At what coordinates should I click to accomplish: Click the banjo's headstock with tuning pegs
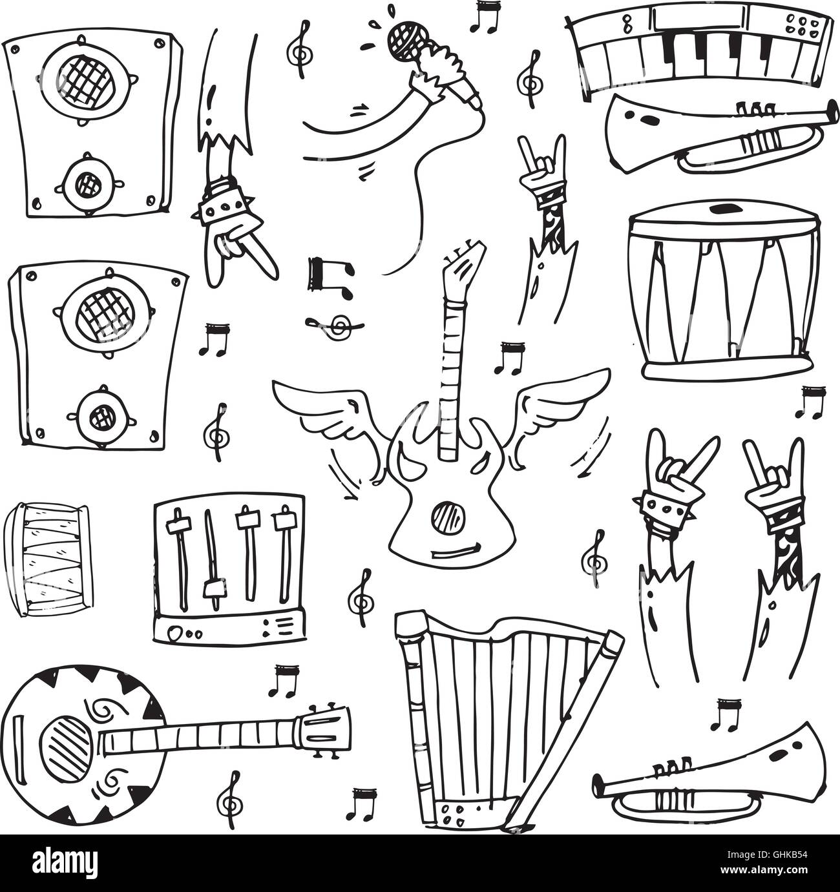tap(324, 731)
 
